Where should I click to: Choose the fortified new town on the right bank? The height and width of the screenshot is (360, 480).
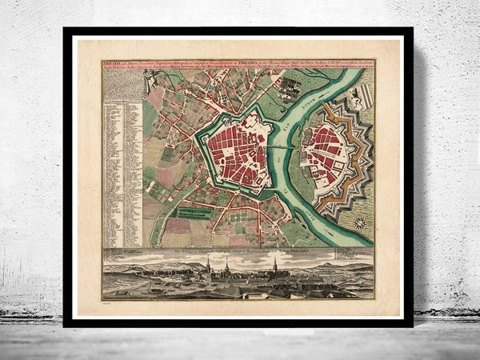coord(327,152)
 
